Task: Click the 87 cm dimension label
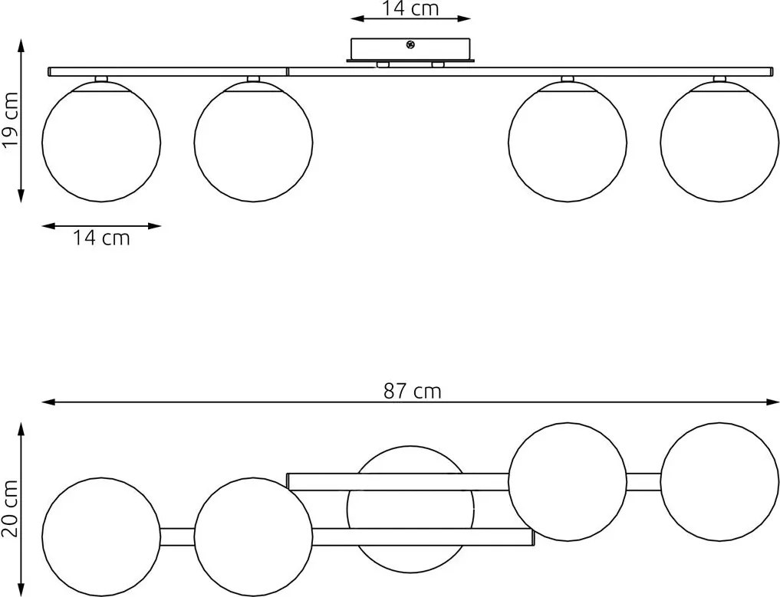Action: [412, 391]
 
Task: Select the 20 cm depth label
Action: [10, 509]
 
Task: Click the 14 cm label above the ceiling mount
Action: [410, 8]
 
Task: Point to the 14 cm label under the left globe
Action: [101, 238]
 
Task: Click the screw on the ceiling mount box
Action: [410, 45]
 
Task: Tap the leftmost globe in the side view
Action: [101, 143]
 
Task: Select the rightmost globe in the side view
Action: [719, 143]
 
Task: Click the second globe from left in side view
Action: [254, 143]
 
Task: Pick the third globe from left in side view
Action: [568, 143]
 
